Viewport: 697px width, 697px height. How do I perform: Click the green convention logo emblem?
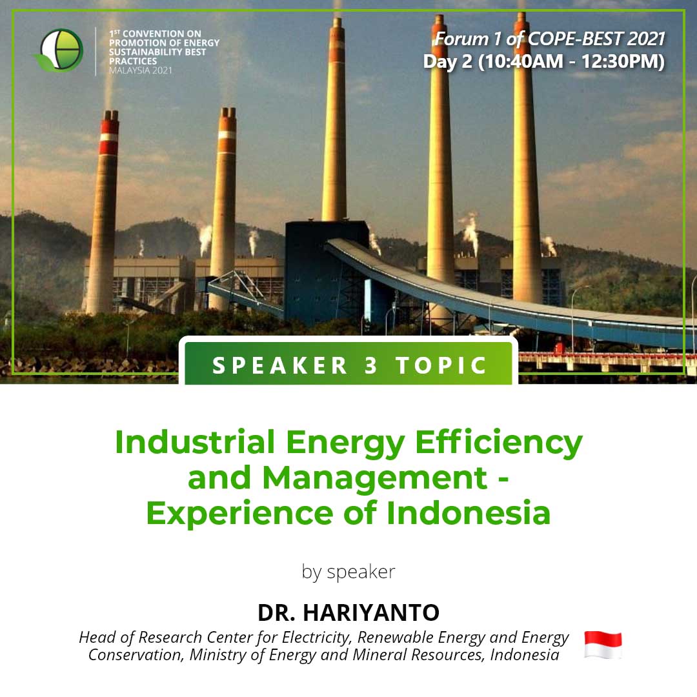pos(59,51)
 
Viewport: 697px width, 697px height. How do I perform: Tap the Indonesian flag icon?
pos(603,645)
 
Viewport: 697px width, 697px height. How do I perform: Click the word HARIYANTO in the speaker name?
pos(372,612)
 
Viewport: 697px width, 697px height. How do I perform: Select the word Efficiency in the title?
pos(498,443)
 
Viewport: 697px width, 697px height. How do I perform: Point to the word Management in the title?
pos(375,478)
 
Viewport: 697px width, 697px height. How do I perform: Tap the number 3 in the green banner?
pos(370,365)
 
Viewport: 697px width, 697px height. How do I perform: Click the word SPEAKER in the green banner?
pos(279,365)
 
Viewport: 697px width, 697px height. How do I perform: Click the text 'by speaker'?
pos(348,572)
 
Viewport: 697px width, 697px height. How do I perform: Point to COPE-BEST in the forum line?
pos(575,39)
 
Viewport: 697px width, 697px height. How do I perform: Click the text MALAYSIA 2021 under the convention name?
pos(141,70)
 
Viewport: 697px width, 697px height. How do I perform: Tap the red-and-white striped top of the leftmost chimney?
pos(109,132)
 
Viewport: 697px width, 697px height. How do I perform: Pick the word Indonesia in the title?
pos(469,513)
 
